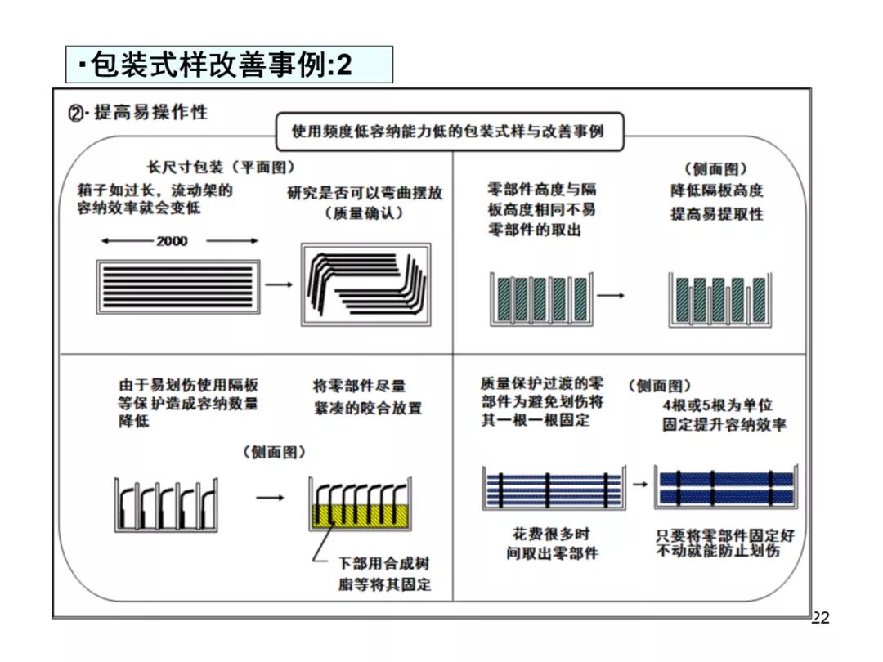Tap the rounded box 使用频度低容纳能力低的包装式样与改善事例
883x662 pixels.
(x=449, y=131)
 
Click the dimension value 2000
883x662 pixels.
(x=172, y=241)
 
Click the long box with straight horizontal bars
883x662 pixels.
(x=179, y=284)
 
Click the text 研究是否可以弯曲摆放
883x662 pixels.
(x=365, y=193)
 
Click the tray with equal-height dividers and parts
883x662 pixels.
(x=540, y=299)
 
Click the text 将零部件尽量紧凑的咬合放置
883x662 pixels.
(x=368, y=396)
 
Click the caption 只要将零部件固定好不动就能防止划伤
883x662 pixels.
(x=725, y=543)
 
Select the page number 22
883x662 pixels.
(x=820, y=618)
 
